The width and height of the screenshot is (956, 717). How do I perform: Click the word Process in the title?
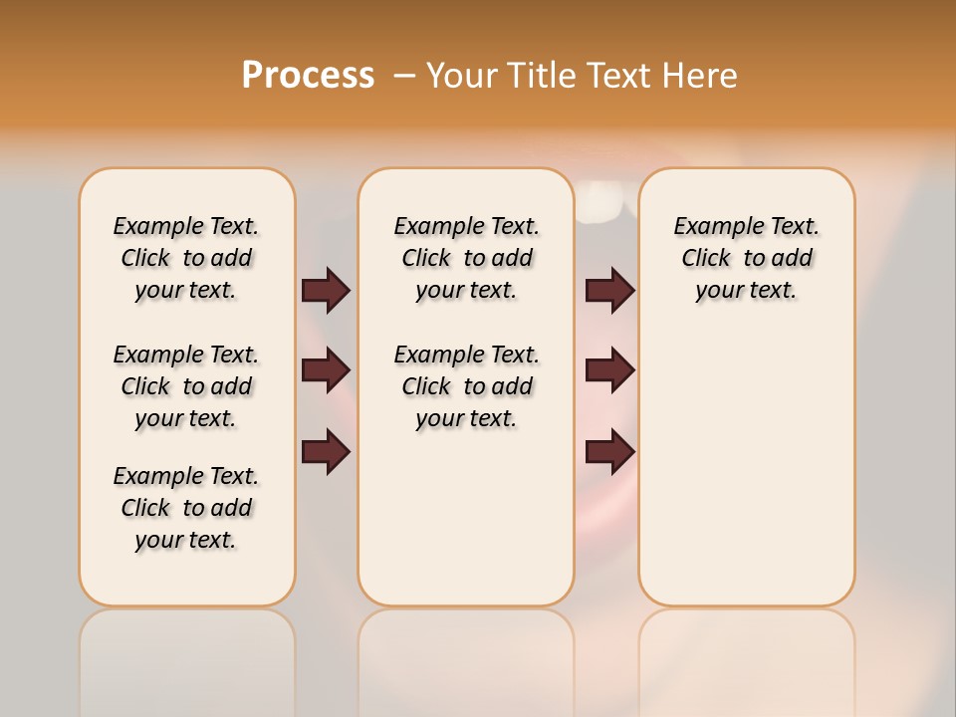tap(308, 76)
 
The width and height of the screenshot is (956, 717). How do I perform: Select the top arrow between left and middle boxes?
tap(326, 290)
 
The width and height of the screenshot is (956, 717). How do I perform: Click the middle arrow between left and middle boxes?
tap(326, 370)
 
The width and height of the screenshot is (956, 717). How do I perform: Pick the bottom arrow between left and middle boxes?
tap(326, 451)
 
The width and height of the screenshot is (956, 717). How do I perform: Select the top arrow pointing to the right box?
tap(609, 290)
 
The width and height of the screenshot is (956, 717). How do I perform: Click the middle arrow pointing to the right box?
tap(609, 370)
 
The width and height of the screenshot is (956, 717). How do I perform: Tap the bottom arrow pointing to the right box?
tap(609, 451)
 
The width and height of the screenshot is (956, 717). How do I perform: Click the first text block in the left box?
tap(186, 258)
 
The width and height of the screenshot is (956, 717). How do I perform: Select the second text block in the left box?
tap(186, 386)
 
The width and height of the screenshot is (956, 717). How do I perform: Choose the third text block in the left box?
tap(186, 508)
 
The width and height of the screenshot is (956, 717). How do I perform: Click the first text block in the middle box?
tap(466, 258)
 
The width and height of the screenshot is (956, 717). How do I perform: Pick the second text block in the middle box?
tap(466, 386)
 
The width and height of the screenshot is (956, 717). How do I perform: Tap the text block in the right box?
tap(746, 258)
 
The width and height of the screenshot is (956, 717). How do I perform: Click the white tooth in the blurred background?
tap(600, 205)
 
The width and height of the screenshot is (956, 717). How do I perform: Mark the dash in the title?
tap(404, 76)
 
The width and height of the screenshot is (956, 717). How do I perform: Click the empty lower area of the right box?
tap(746, 468)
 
